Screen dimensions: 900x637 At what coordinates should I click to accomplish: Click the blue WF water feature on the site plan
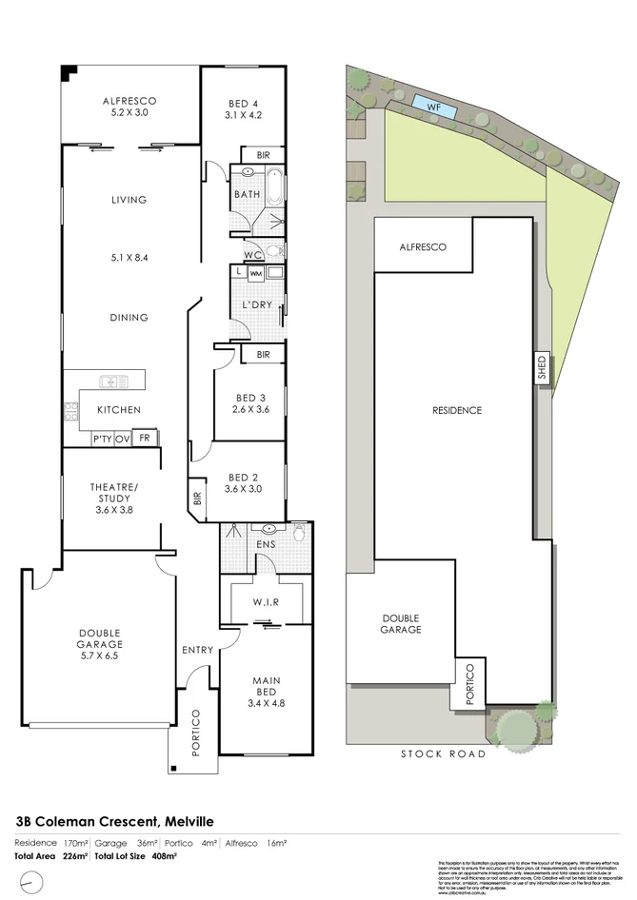click(x=433, y=106)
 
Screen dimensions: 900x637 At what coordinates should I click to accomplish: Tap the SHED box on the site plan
click(x=542, y=367)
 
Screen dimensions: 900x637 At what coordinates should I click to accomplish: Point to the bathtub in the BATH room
click(x=273, y=186)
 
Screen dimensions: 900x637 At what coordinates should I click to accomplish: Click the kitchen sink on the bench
click(x=114, y=382)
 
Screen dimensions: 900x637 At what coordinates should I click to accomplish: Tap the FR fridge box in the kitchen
click(x=145, y=438)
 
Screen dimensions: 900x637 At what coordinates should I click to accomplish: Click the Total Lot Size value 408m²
click(x=162, y=856)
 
